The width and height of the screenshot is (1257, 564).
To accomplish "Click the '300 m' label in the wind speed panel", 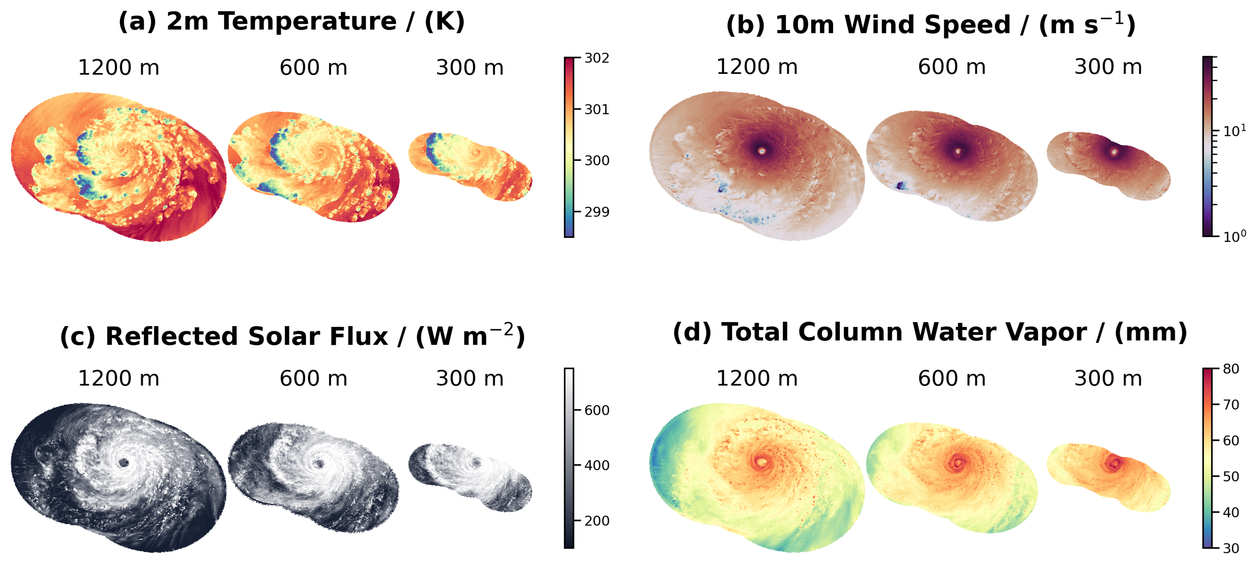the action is point(1108,67).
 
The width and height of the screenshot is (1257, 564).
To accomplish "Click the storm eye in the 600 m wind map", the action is point(957,151).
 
